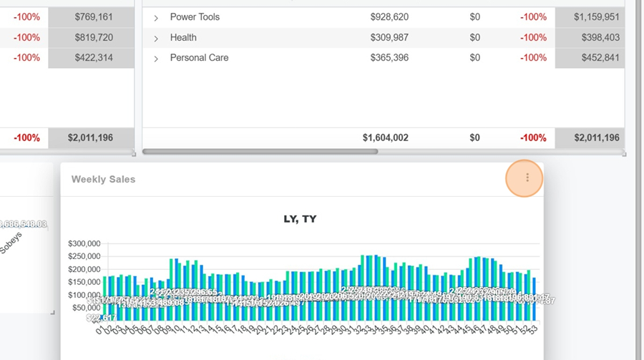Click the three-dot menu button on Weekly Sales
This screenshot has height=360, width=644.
point(527,178)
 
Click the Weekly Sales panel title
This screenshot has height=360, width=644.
point(103,180)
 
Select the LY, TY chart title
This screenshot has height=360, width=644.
point(300,219)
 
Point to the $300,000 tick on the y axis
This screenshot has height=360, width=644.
point(84,244)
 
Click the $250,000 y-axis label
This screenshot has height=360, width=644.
point(84,257)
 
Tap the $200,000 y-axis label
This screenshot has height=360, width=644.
point(84,270)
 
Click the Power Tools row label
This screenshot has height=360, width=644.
point(195,16)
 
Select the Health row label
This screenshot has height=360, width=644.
point(183,37)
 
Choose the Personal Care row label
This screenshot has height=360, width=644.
point(199,57)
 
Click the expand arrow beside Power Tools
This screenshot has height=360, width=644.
point(156,17)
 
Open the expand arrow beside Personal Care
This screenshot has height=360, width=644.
point(156,58)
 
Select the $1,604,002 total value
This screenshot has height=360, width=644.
point(385,137)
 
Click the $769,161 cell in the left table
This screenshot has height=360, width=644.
point(93,16)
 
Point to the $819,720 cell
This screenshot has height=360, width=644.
point(93,37)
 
